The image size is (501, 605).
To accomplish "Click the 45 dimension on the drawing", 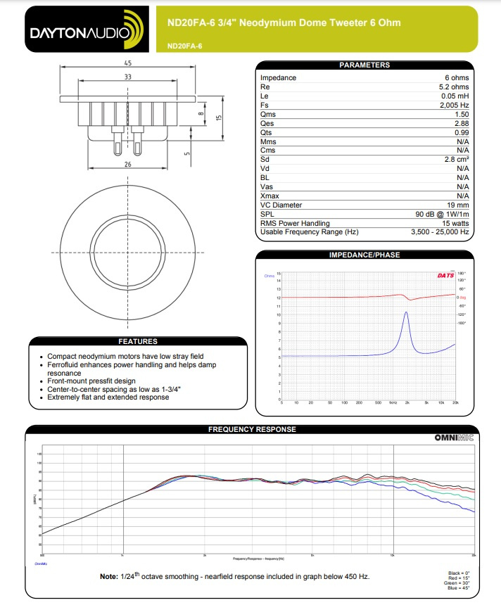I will (x=127, y=63).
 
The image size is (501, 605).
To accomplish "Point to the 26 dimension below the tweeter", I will (x=127, y=164).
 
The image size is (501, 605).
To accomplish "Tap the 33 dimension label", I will (x=127, y=77).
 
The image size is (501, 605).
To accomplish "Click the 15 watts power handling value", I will (x=452, y=223).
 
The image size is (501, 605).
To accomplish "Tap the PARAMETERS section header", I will (x=364, y=65).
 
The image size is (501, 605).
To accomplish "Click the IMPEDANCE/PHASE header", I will (x=364, y=255).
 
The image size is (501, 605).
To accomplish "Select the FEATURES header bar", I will (x=137, y=342).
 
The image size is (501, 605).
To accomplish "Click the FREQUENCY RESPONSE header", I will (x=252, y=429).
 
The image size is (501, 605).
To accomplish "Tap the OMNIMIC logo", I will (x=454, y=438).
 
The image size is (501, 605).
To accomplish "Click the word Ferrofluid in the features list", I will (x=66, y=365).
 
